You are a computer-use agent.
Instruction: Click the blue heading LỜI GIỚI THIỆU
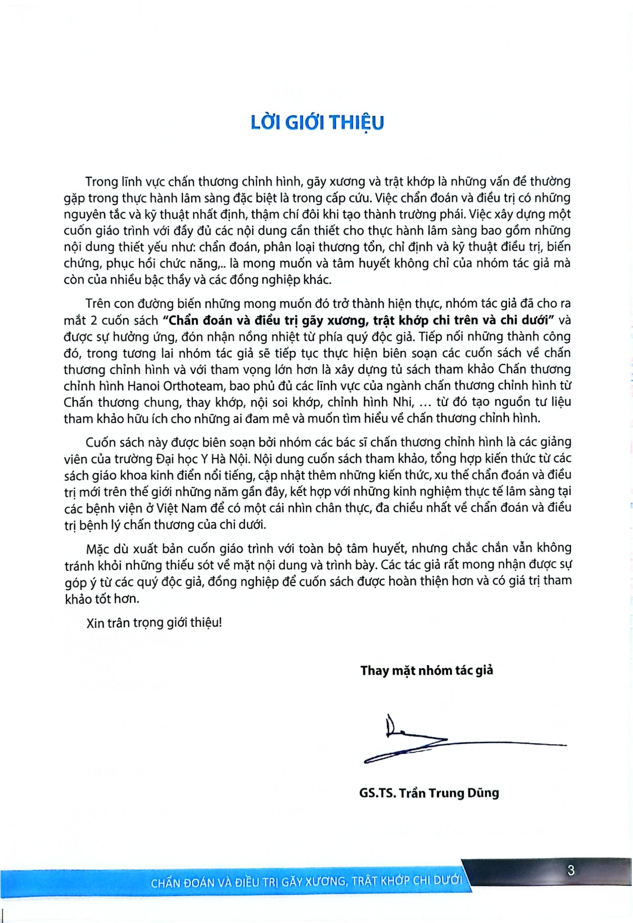pos(317,123)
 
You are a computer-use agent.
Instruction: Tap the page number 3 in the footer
pos(571,870)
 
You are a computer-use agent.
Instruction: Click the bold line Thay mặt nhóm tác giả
pos(426,670)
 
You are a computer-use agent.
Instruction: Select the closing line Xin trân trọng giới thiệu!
pos(154,623)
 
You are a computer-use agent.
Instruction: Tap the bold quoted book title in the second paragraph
pos(357,320)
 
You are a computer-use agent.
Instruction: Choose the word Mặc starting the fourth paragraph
pos(98,548)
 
